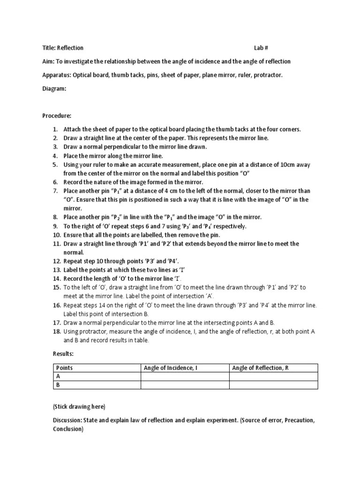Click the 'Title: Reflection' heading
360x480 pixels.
63,48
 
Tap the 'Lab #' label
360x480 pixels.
261,48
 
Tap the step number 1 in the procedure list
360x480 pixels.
55,129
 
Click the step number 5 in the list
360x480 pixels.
55,165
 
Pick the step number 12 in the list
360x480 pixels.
56,261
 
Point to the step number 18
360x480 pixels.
56,331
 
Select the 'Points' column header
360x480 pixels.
64,368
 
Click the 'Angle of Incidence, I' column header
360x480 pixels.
171,368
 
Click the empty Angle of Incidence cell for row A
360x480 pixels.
185,376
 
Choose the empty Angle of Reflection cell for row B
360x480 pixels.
273,385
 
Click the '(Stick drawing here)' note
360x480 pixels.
79,406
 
